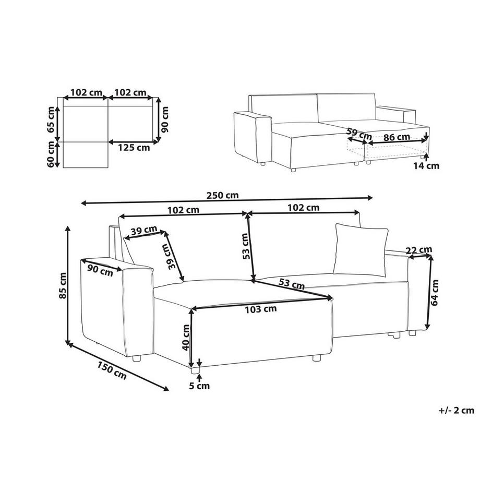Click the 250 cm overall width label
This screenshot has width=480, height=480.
tap(223, 195)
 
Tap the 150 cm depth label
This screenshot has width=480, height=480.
tap(112, 370)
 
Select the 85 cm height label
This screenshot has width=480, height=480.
tap(63, 285)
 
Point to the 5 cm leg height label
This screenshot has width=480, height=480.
tap(199, 386)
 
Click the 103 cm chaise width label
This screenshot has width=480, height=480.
tap(261, 309)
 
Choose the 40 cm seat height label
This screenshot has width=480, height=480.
tap(186, 338)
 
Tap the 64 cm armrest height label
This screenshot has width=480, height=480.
tap(435, 293)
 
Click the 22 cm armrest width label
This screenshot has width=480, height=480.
tap(419, 250)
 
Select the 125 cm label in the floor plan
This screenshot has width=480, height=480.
tap(134, 148)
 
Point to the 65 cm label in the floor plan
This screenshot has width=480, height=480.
tap(51, 119)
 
